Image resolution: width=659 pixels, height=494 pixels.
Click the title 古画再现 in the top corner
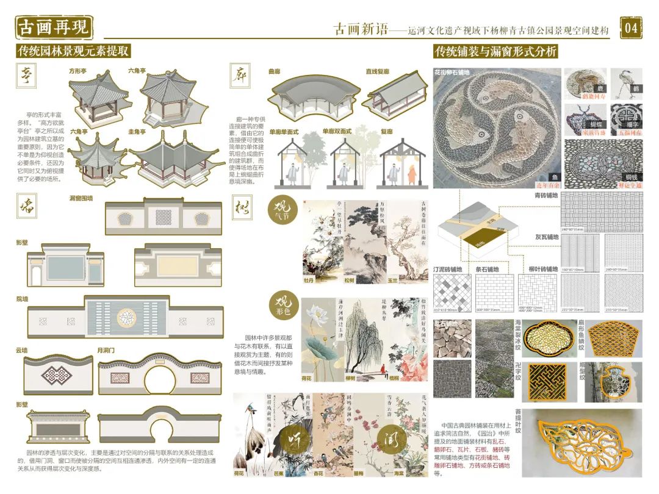pyautogui.click(x=54, y=27)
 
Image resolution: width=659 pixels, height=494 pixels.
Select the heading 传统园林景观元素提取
pyautogui.click(x=73, y=51)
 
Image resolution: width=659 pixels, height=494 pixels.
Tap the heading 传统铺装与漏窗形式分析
pyautogui.click(x=495, y=51)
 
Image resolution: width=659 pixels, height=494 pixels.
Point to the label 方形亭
pyautogui.click(x=78, y=71)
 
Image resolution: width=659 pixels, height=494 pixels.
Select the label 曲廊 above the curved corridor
pyautogui.click(x=275, y=71)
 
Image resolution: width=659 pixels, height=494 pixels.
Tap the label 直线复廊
pyautogui.click(x=378, y=71)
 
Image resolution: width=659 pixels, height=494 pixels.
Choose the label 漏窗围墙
pyautogui.click(x=81, y=198)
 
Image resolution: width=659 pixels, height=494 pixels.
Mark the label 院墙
pyautogui.click(x=22, y=299)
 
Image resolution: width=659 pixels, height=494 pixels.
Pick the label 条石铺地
pyautogui.click(x=488, y=269)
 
